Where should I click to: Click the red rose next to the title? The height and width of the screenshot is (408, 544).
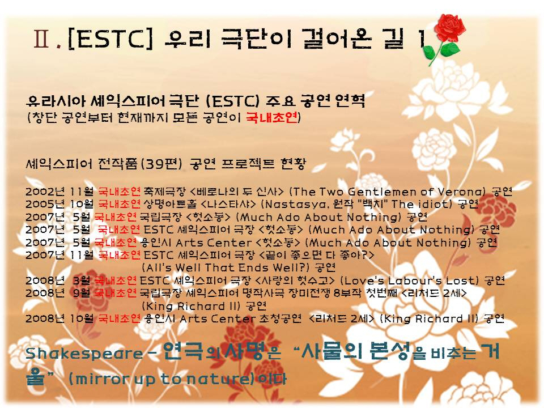[444, 38]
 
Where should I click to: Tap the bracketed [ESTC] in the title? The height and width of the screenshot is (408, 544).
[110, 39]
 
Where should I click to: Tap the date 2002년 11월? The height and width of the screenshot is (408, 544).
[59, 192]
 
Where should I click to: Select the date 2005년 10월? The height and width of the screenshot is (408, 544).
[59, 204]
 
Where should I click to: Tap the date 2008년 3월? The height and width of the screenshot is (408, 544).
[58, 280]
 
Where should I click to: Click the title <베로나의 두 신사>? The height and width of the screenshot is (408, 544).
[237, 192]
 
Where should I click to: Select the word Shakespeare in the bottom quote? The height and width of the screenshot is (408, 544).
[84, 354]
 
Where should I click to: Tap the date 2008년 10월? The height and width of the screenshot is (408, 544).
[59, 318]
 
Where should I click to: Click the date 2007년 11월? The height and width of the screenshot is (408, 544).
[59, 255]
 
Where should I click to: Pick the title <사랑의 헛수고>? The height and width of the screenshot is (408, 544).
[295, 280]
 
